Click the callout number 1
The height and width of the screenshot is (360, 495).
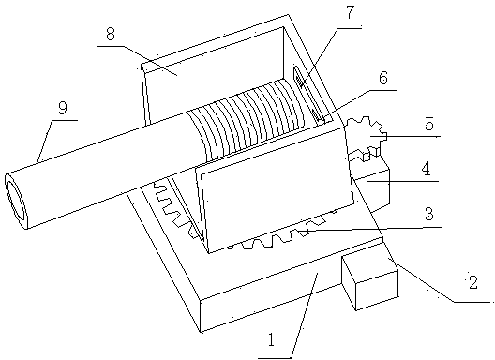pyautogui.click(x=272, y=340)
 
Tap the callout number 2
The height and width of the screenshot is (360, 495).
pyautogui.click(x=472, y=282)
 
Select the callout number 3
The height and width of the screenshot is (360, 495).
pyautogui.click(x=428, y=214)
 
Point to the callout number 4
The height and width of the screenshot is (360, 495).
pyautogui.click(x=427, y=169)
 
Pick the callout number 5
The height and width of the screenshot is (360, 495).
pyautogui.click(x=429, y=124)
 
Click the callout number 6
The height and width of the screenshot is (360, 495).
pyautogui.click(x=383, y=78)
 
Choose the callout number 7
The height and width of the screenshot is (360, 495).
pyautogui.click(x=350, y=12)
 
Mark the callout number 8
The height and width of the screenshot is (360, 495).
pyautogui.click(x=111, y=34)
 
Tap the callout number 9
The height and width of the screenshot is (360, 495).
pyautogui.click(x=63, y=109)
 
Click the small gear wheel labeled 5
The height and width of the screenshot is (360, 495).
pyautogui.click(x=367, y=137)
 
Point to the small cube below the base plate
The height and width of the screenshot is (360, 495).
pyautogui.click(x=370, y=281)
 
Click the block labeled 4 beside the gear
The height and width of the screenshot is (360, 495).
pyautogui.click(x=372, y=187)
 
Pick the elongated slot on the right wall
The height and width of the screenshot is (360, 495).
pyautogui.click(x=308, y=93)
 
